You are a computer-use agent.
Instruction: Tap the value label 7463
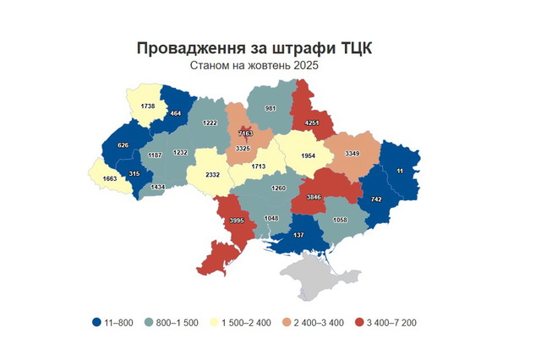246,134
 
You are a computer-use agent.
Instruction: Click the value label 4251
312,123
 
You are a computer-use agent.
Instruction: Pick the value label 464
176,112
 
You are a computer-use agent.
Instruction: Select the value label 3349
353,153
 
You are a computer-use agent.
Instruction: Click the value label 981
271,108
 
